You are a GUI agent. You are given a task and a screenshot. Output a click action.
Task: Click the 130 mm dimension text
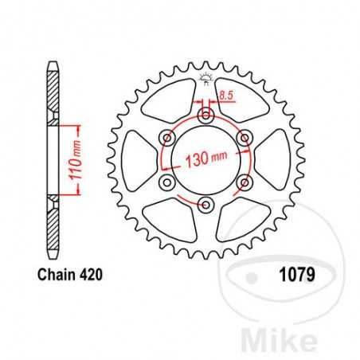(208, 158)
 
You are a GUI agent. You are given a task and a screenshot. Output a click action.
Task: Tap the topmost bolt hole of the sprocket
(206, 116)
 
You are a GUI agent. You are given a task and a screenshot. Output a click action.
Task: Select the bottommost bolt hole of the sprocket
(206, 205)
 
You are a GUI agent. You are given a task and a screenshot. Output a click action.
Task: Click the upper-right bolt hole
(245, 139)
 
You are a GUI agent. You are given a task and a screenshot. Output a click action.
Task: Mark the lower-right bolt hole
(245, 182)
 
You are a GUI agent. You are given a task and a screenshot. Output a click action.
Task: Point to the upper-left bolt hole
(168, 139)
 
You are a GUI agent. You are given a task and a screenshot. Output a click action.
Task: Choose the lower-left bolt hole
(168, 182)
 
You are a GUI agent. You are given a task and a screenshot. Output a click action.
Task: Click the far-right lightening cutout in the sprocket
(272, 160)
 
